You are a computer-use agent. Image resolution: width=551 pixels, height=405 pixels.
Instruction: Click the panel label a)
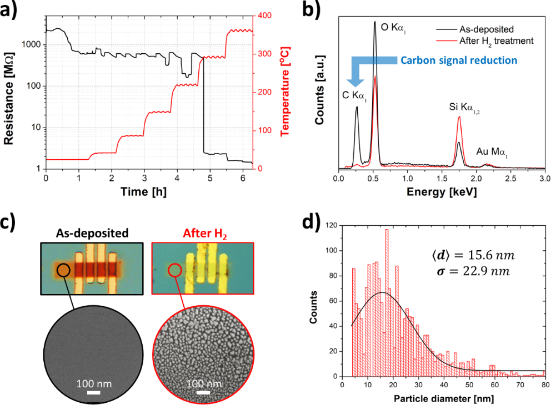(x=12, y=11)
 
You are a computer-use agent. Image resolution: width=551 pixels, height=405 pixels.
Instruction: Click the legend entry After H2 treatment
(x=496, y=40)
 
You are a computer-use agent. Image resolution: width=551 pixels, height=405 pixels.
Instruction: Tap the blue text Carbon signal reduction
(x=459, y=60)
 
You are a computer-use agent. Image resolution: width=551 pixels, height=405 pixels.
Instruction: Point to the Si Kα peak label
(x=464, y=105)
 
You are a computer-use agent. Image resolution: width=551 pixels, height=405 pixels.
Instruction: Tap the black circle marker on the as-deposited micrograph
(x=63, y=270)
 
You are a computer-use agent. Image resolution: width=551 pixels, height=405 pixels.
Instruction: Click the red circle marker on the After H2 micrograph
(x=174, y=271)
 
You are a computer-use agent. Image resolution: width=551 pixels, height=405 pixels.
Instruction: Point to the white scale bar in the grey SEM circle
(x=93, y=393)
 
